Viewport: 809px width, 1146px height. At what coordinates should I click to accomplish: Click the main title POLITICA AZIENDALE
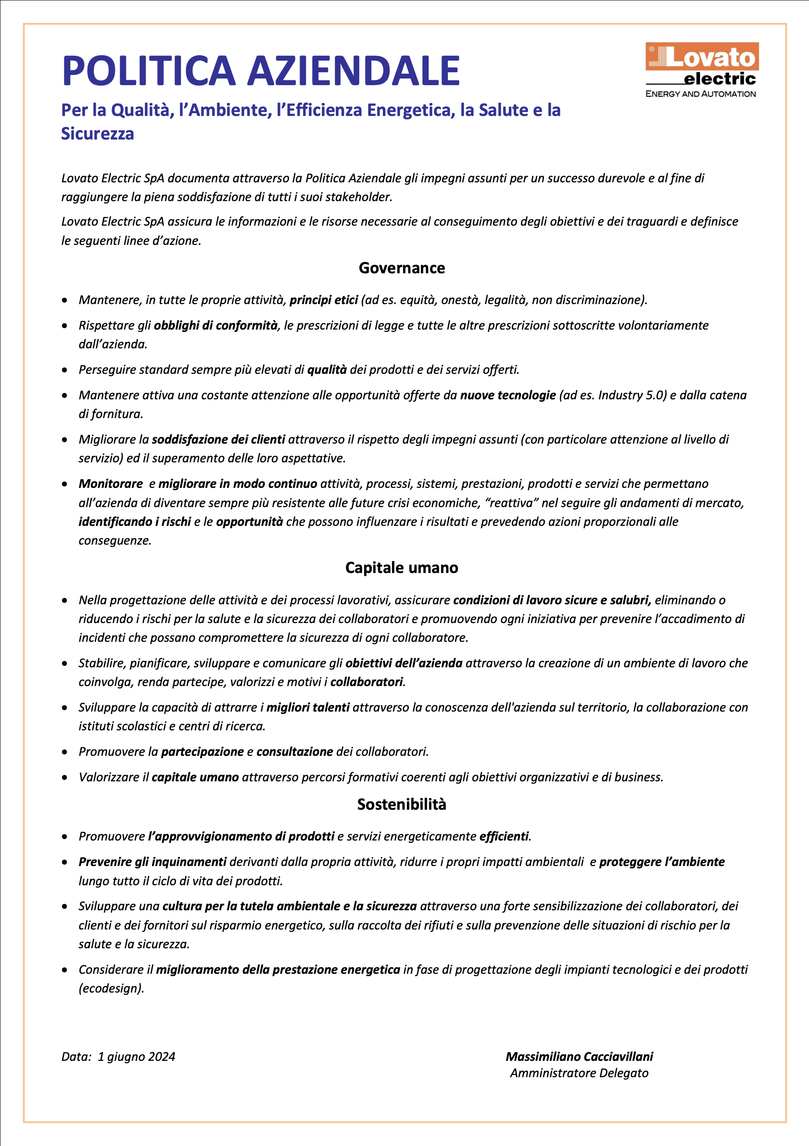(261, 71)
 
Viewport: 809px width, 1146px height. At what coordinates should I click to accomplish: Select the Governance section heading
(402, 268)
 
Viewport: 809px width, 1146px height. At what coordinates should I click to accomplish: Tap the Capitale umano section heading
(402, 568)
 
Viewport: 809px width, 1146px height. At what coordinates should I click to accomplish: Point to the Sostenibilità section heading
(402, 804)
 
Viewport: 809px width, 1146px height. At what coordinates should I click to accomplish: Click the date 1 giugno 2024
(136, 1057)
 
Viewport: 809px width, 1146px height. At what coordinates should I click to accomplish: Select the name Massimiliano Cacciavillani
(579, 1057)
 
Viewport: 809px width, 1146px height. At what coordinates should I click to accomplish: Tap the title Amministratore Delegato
(579, 1073)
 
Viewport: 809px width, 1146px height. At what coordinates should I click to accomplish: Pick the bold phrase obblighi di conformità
(215, 325)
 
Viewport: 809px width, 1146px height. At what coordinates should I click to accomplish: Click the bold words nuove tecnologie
(507, 395)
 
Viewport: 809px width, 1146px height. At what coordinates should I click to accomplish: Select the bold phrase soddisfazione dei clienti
(218, 440)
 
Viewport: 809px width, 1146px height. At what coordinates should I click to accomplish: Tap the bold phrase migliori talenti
(308, 707)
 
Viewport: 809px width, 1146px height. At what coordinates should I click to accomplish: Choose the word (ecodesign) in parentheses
(111, 988)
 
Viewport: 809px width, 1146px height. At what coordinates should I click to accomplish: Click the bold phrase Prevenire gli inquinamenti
(153, 862)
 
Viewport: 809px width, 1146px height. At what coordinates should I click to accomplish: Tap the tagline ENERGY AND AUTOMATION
(700, 94)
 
